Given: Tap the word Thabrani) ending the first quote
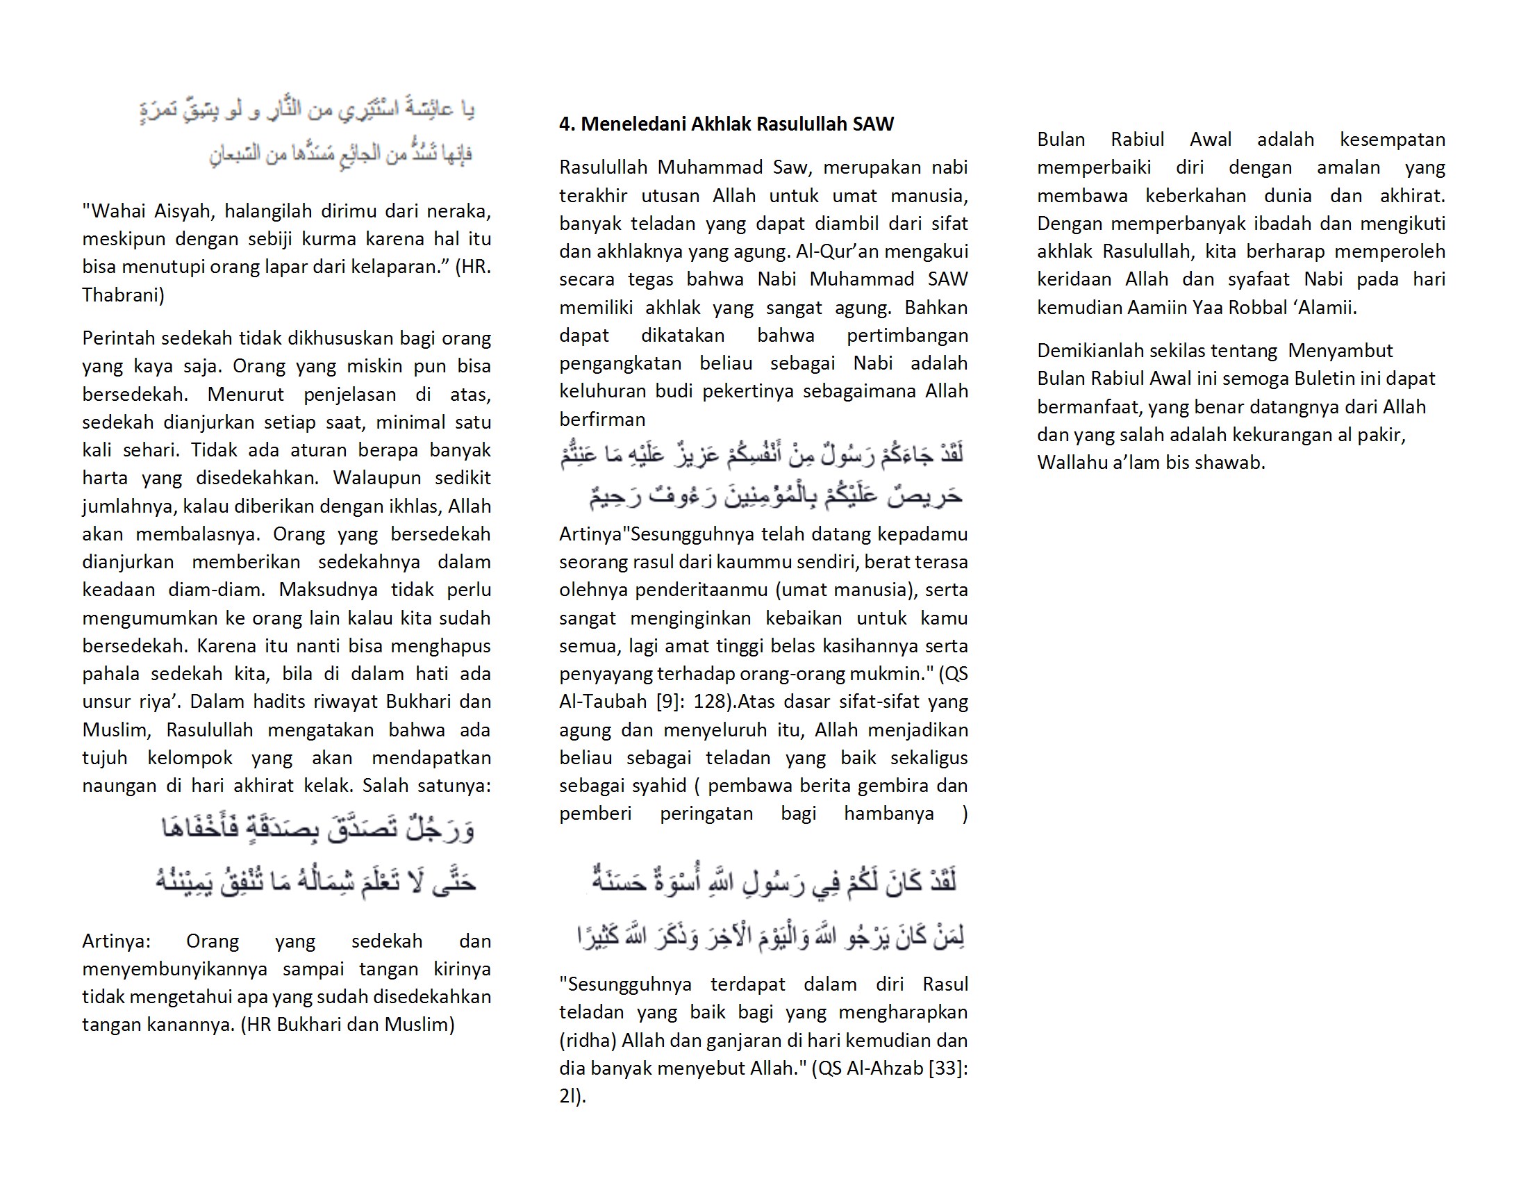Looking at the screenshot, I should pyautogui.click(x=123, y=295).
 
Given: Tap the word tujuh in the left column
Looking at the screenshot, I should pyautogui.click(x=104, y=758).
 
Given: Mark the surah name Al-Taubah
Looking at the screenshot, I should pyautogui.click(x=603, y=702).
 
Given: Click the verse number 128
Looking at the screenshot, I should pyautogui.click(x=710, y=702).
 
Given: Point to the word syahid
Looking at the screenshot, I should pyautogui.click(x=657, y=786).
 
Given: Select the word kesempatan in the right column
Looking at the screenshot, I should pyautogui.click(x=1392, y=140).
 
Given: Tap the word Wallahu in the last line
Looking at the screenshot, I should pyautogui.click(x=1072, y=463).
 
